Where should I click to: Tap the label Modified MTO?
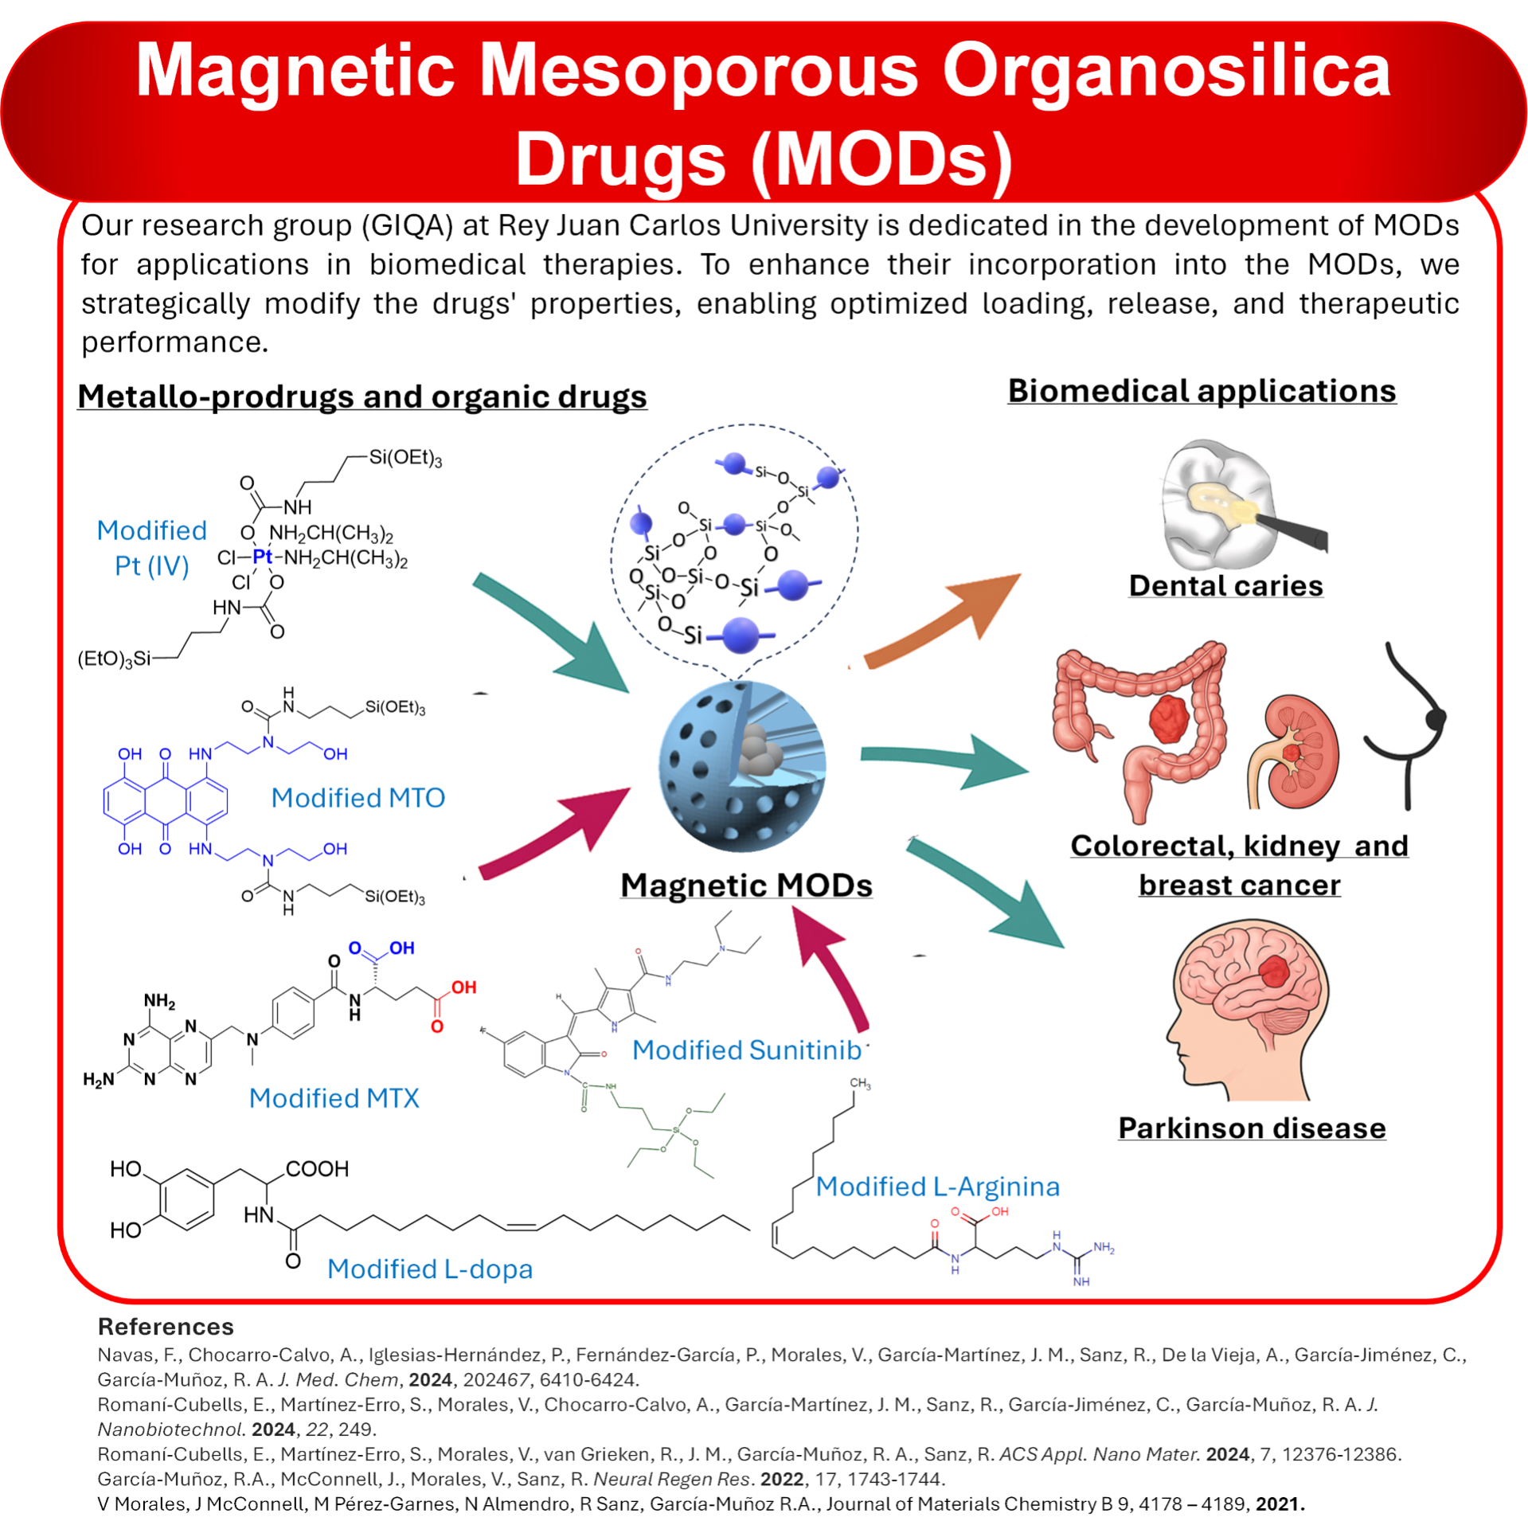click(358, 798)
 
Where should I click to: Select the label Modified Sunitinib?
click(746, 1050)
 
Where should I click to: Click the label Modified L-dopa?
click(429, 1269)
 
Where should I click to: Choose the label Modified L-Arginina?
click(937, 1187)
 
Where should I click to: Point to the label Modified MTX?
click(334, 1098)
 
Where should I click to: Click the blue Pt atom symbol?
click(262, 557)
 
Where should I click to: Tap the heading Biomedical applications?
click(1202, 391)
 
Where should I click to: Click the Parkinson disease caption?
click(1252, 1128)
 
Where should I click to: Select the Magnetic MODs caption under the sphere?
click(746, 886)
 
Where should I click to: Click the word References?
click(166, 1327)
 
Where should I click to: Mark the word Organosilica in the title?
click(1167, 72)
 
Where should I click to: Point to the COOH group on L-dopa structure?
click(317, 1169)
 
